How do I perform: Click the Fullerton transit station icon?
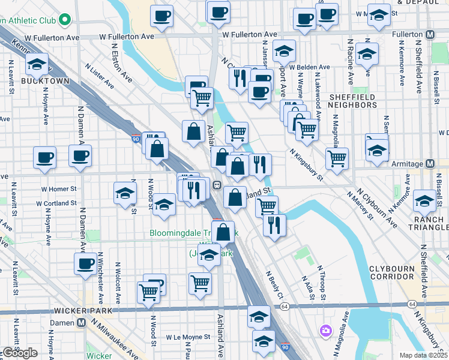click(430, 35)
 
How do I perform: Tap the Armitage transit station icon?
click(430, 163)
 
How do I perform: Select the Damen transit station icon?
click(80, 322)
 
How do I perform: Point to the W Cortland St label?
click(56, 203)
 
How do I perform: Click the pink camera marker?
click(326, 330)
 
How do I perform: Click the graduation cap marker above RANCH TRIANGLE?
click(425, 202)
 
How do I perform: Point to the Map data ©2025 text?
click(424, 355)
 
